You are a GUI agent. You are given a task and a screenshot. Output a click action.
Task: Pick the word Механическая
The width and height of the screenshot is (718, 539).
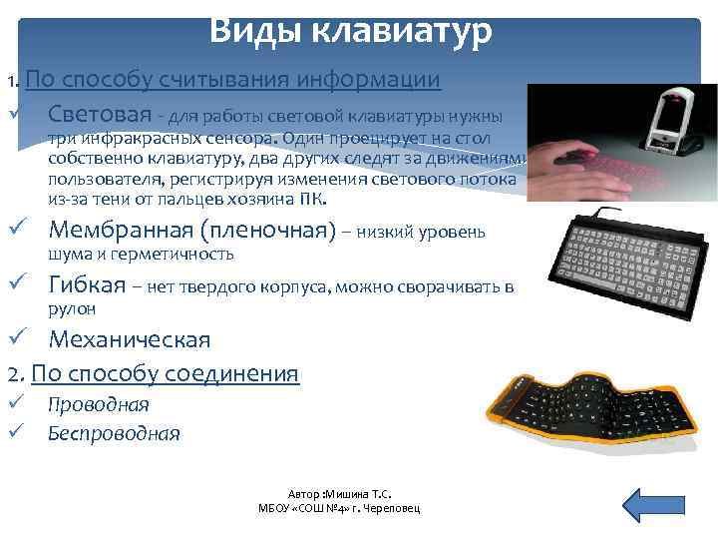[x=130, y=339]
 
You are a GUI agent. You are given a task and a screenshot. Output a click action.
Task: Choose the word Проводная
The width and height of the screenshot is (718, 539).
[x=99, y=404]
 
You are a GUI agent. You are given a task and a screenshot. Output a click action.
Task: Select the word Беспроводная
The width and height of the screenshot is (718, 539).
[x=114, y=433]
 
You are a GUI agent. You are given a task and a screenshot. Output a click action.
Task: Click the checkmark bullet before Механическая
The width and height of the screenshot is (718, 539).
[x=15, y=339]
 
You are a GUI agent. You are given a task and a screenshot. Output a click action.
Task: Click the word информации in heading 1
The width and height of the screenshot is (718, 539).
[x=380, y=80]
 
